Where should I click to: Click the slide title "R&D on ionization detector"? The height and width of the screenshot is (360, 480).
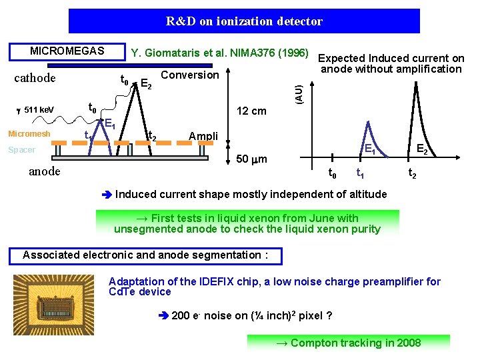click(244, 21)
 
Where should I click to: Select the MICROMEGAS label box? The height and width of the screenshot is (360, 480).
click(67, 51)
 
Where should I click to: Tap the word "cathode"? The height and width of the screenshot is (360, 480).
click(35, 78)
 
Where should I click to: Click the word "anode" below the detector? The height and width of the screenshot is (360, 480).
click(45, 171)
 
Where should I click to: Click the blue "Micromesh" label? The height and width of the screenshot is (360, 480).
click(29, 134)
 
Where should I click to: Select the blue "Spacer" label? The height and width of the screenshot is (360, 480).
click(21, 150)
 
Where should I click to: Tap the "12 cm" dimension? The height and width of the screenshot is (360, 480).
click(252, 111)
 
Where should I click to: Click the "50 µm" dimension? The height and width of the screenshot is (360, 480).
click(252, 159)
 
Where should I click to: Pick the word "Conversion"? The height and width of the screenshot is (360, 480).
click(190, 75)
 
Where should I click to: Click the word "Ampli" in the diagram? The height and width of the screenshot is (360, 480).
click(203, 136)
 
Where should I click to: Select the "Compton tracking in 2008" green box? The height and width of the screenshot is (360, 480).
click(348, 343)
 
